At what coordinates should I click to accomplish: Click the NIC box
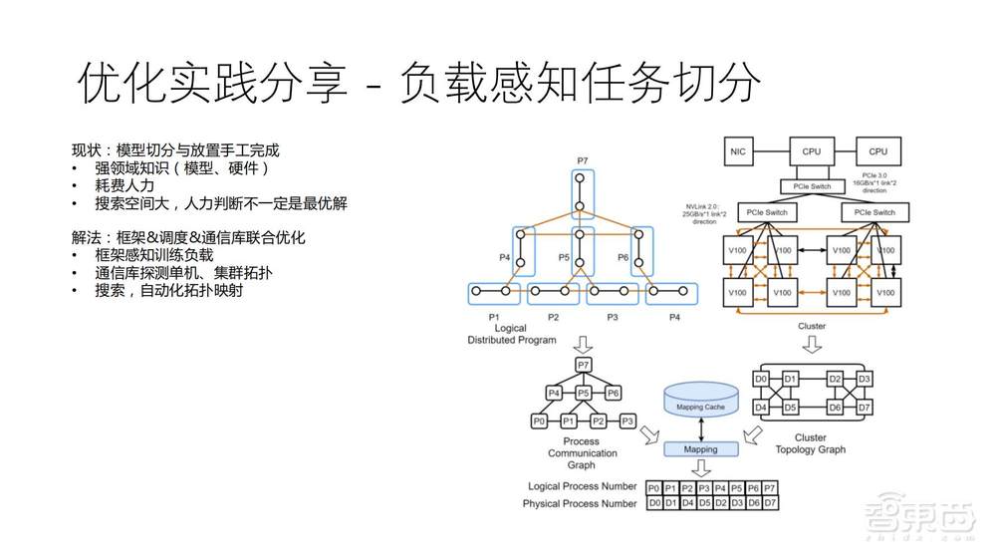(738, 151)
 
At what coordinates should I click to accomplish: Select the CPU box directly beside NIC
(811, 151)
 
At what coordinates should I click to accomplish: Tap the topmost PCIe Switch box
(812, 186)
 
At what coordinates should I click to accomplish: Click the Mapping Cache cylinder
(701, 403)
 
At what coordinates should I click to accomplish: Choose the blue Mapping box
(701, 448)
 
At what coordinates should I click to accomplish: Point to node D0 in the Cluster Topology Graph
(762, 379)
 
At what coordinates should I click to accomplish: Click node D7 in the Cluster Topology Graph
(864, 407)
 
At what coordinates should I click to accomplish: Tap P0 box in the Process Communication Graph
(539, 420)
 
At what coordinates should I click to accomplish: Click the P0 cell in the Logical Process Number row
(653, 487)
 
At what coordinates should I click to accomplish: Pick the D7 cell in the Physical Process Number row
(770, 503)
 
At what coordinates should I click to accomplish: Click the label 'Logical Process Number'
(583, 486)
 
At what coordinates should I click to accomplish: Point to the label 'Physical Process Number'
(580, 503)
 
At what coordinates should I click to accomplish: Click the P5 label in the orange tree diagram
(563, 257)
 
